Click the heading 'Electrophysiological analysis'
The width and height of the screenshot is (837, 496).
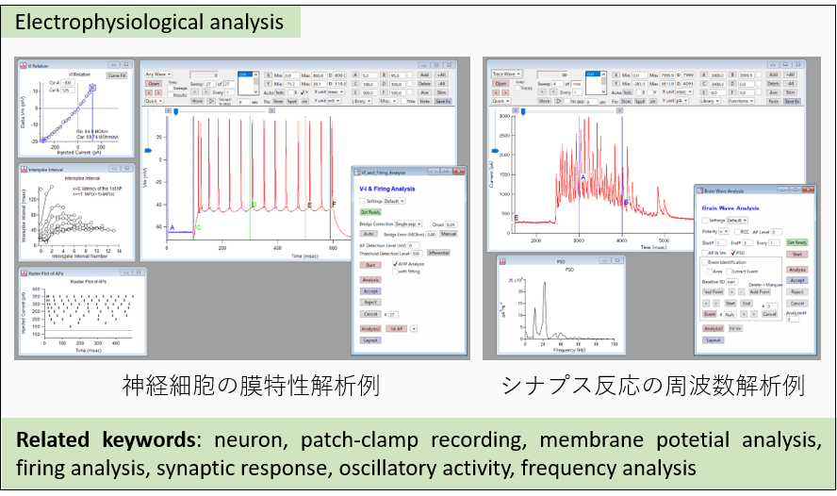151,20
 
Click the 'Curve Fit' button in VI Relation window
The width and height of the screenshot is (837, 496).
117,74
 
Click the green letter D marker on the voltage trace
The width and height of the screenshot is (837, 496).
254,204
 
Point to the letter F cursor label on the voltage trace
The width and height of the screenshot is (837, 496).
333,205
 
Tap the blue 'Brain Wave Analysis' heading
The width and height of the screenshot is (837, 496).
735,206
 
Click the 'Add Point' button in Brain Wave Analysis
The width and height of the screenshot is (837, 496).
757,292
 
